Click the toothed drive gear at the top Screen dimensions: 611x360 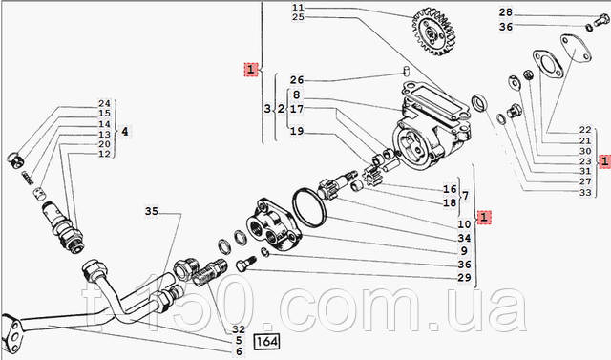click(434, 31)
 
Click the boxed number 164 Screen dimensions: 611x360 click(267, 342)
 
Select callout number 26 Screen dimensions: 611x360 click(297, 80)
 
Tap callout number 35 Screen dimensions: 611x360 click(152, 212)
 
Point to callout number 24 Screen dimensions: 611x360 click(104, 104)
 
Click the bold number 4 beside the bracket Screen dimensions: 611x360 click(124, 132)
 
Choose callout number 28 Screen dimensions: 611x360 click(506, 12)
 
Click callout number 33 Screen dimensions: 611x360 click(585, 193)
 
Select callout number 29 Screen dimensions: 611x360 click(465, 278)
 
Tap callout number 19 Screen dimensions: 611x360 click(297, 131)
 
